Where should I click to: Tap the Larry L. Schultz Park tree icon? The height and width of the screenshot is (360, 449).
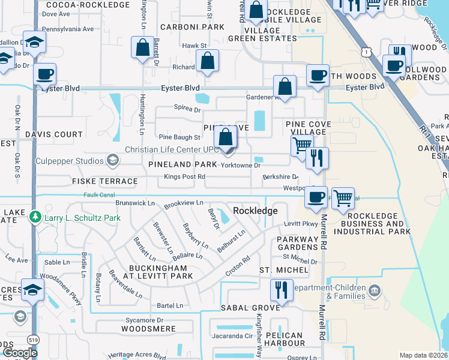36,216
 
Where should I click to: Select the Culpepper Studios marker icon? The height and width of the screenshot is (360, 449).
112,160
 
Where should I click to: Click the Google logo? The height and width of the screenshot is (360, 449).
20,353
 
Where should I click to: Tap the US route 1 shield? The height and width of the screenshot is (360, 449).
366,53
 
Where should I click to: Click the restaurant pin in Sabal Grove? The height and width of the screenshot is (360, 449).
281,290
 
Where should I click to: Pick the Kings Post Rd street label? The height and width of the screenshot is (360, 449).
184,177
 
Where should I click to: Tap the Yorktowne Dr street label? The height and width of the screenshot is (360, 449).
241,165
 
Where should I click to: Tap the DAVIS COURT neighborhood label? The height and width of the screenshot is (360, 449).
55,134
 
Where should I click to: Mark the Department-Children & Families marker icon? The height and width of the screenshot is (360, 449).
375,291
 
